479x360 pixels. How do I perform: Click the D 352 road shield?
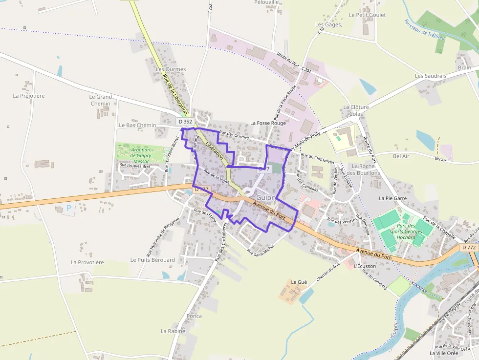185,122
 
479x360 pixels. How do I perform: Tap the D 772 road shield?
468,248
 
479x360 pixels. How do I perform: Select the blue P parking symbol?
69,208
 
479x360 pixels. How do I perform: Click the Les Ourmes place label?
170,69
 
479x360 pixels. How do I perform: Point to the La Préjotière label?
29,96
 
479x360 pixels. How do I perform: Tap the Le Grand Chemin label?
101,100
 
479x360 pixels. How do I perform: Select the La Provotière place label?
87,262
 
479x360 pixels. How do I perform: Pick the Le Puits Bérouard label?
152,260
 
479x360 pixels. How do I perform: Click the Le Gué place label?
299,282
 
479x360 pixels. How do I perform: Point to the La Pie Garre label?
392,198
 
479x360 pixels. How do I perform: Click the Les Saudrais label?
430,76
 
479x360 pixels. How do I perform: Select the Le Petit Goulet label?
367,15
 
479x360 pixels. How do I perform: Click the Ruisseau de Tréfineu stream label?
424,29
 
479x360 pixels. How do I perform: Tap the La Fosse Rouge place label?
268,123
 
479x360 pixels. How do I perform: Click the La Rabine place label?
173,331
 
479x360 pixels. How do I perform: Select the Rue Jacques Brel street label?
134,166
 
